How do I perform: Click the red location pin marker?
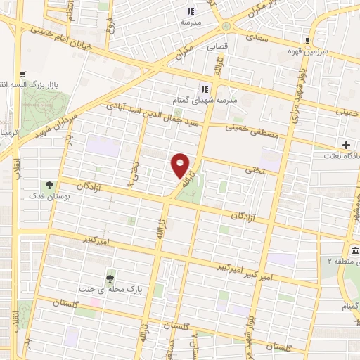tap(181, 165)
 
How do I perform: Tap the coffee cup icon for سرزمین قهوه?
tap(308, 40)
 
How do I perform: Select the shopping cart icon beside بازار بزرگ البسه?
tap(22, 74)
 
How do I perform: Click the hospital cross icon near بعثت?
tap(347, 145)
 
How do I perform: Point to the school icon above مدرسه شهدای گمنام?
tap(205, 89)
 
